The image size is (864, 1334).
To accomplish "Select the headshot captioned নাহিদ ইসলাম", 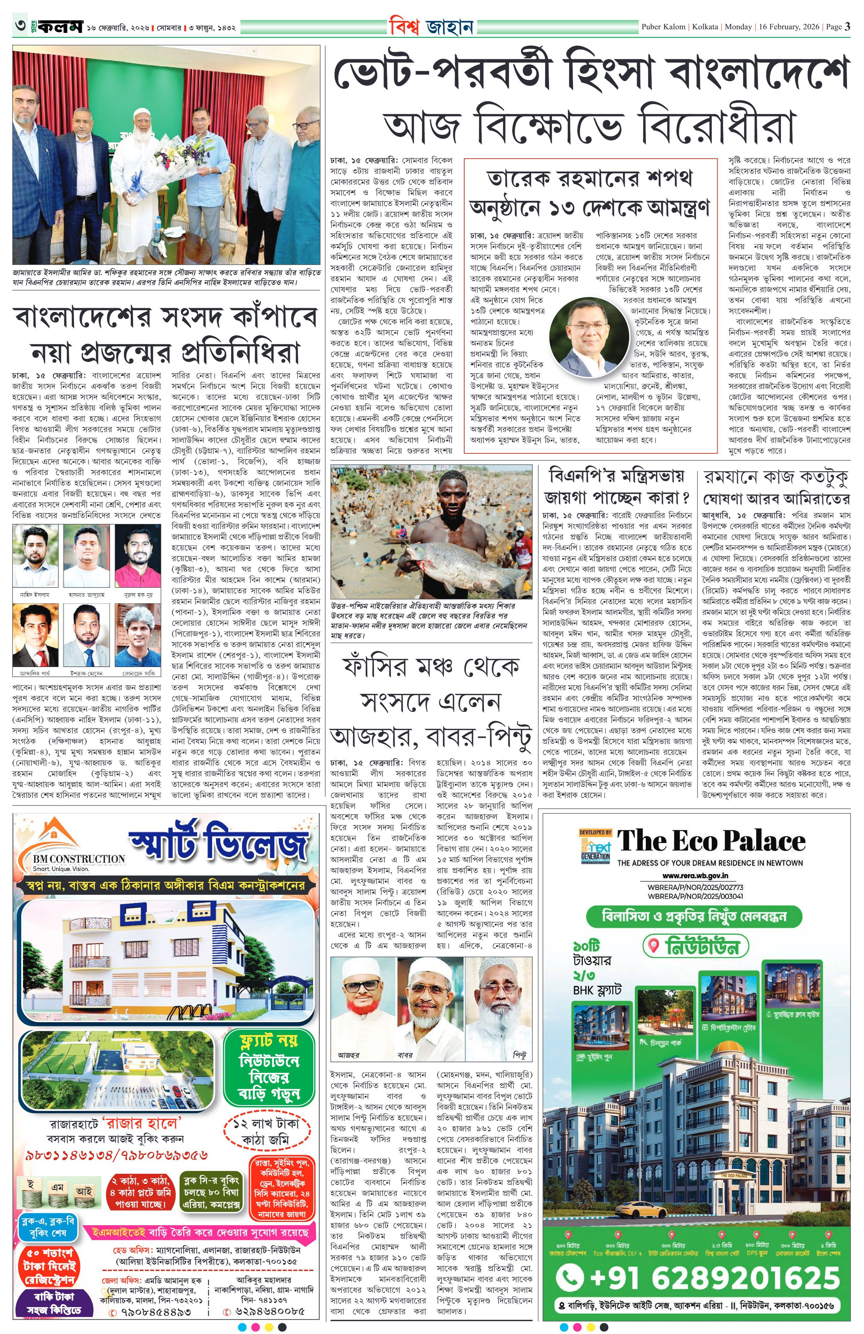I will (x=35, y=556).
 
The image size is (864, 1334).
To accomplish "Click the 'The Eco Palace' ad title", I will (x=710, y=842).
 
